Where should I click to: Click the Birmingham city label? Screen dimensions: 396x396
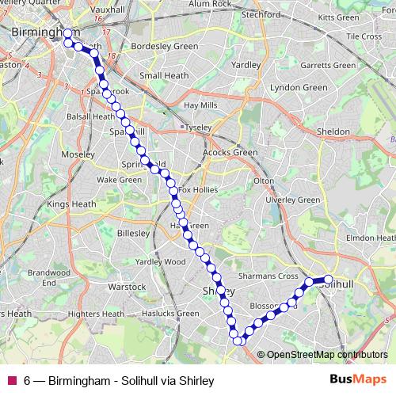(x=35, y=32)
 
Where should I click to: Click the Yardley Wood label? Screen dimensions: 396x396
(x=160, y=261)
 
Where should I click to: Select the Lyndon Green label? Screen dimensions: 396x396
(x=303, y=87)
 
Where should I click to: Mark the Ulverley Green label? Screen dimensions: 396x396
(x=291, y=200)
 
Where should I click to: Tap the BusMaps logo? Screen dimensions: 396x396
(x=358, y=379)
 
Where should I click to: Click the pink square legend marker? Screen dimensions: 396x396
(x=11, y=380)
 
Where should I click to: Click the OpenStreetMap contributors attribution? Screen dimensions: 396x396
(x=327, y=355)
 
